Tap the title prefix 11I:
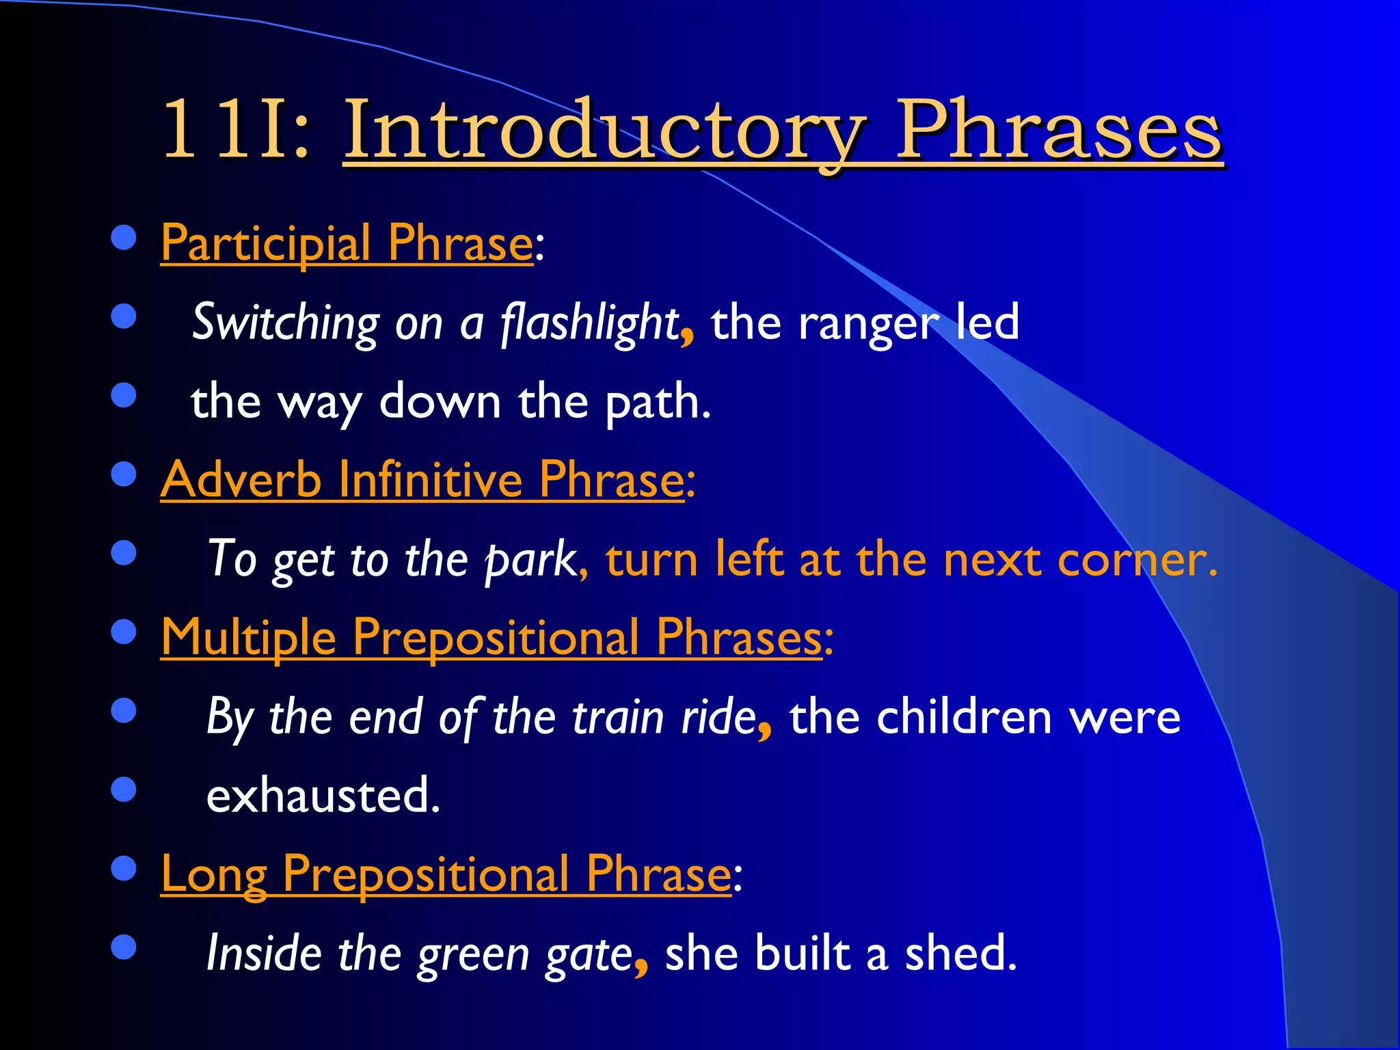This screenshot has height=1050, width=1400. click(236, 130)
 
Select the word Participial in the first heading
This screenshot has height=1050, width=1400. click(267, 244)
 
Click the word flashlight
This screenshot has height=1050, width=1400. click(589, 323)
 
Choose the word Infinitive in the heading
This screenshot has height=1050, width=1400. click(431, 480)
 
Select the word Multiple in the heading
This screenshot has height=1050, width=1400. click(248, 638)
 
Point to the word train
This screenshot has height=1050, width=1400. click(618, 718)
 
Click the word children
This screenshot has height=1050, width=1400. click(964, 718)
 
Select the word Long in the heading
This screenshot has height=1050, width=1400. click(213, 875)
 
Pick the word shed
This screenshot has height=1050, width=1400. click(960, 954)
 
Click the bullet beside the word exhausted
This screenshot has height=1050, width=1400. click(124, 790)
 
